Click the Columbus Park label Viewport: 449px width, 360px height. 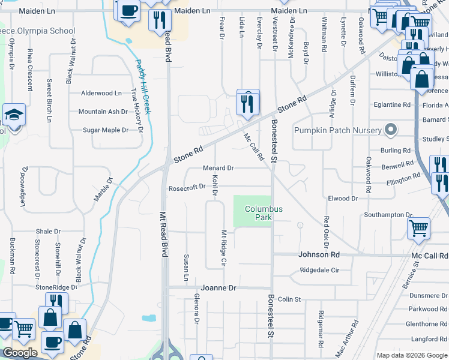point(263,213)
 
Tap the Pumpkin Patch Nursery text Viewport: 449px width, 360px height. point(337,130)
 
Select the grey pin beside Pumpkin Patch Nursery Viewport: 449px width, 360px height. point(391,130)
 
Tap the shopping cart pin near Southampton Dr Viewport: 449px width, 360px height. point(418,228)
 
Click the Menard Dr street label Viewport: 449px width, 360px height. point(218,168)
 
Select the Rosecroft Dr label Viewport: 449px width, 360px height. point(187,186)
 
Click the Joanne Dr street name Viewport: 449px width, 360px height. point(219,288)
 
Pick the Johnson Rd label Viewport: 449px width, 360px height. point(319,254)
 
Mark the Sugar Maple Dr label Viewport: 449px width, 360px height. point(106,130)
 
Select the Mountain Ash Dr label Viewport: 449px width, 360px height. point(103,112)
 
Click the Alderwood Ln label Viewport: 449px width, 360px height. point(101,93)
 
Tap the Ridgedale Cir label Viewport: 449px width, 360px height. point(319,270)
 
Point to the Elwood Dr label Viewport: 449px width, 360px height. point(343,198)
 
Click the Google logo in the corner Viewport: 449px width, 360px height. point(20,353)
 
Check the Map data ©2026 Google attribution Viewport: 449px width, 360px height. point(411,355)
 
